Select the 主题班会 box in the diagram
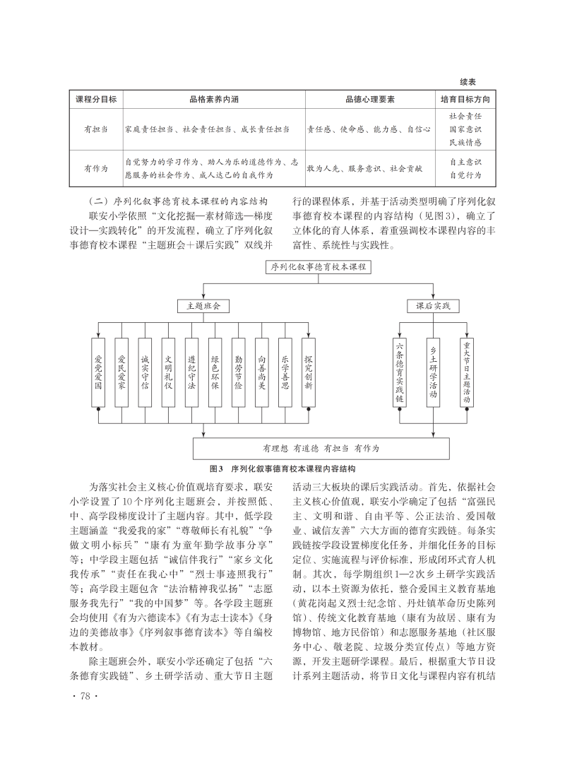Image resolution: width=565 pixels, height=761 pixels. coord(203,307)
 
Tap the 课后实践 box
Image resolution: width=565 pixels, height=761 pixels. coord(433,307)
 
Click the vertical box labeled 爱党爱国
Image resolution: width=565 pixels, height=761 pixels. coord(98,372)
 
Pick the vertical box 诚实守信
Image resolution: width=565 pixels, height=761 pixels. coord(144,372)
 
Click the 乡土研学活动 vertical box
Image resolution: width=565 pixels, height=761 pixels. coord(433,372)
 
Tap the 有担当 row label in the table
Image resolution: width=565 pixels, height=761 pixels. coord(96,129)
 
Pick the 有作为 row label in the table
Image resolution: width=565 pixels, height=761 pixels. coord(96,169)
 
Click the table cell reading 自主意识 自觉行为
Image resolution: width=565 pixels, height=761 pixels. coord(465,169)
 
